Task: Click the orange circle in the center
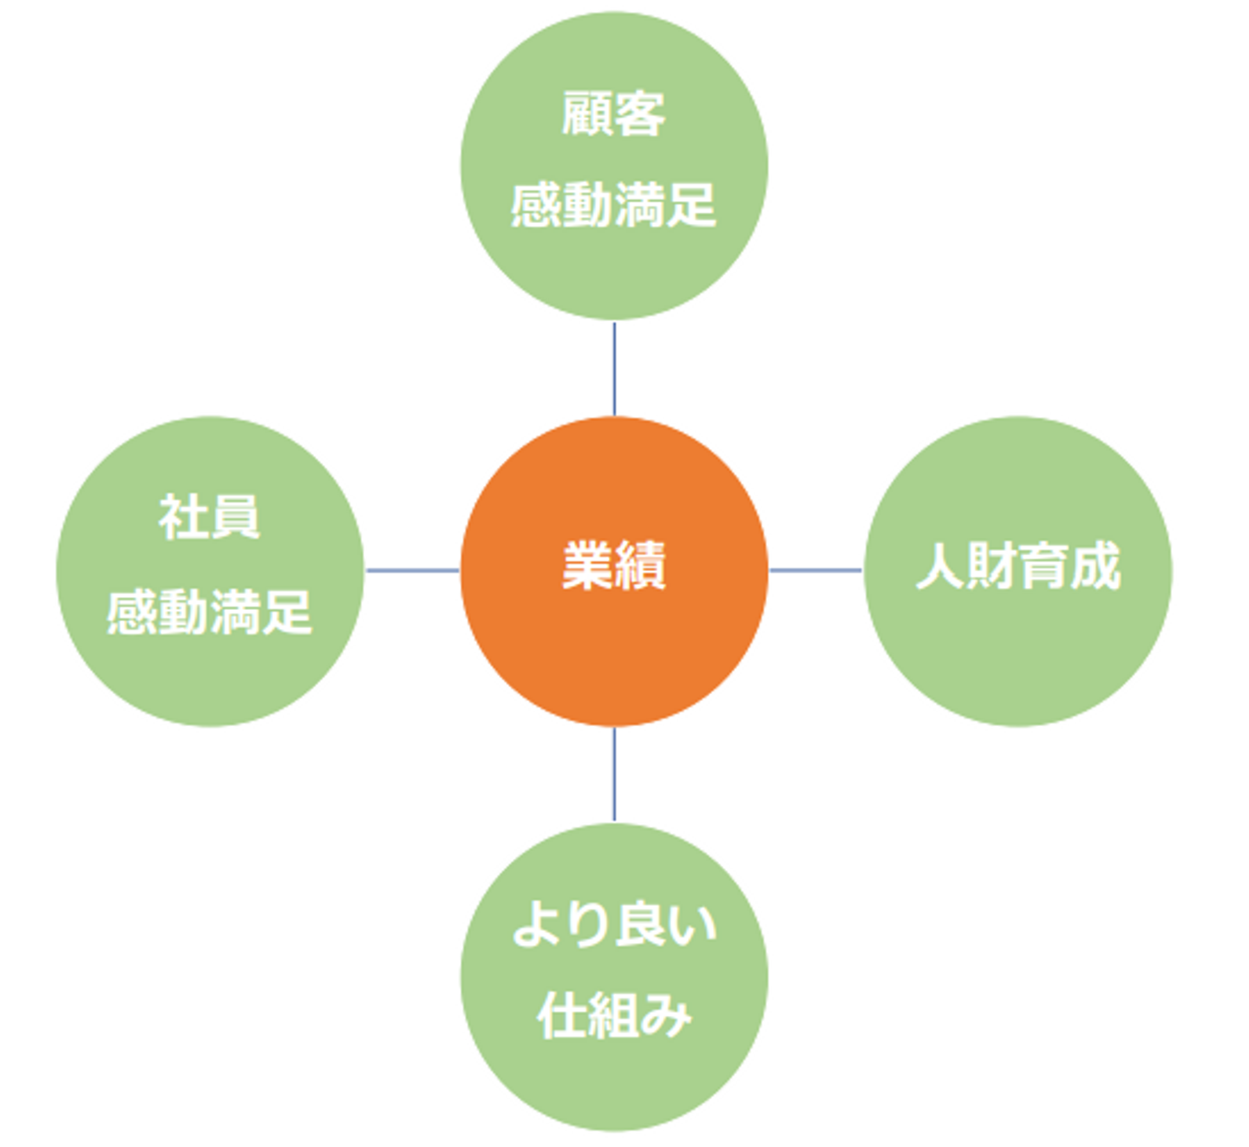point(613,642)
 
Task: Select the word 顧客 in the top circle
point(613,114)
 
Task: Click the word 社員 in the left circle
point(209,518)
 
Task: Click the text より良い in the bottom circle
point(614,924)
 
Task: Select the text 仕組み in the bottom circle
point(614,1015)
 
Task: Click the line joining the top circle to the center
point(614,369)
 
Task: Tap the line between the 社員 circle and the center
point(412,570)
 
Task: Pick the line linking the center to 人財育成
point(815,570)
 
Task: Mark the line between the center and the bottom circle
point(614,774)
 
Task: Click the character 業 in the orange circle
point(588,566)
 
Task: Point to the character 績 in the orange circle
point(640,566)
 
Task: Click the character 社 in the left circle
point(183,518)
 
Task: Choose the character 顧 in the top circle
point(587,114)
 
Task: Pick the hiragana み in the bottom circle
point(666,1015)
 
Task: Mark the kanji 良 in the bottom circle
point(641,924)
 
